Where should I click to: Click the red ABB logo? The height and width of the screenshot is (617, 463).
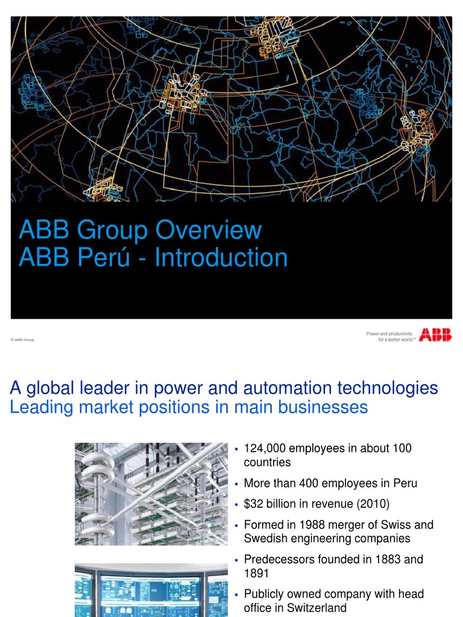pos(435,335)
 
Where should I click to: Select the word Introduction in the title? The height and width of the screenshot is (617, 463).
pos(221,257)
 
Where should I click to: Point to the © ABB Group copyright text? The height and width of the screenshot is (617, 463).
pos(22,340)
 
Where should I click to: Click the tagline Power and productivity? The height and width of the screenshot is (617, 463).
pos(389,333)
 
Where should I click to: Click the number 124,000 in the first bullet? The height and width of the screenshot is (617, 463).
pos(265,449)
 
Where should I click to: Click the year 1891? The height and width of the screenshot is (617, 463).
pos(256,573)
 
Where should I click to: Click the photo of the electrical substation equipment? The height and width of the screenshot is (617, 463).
pos(151,493)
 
